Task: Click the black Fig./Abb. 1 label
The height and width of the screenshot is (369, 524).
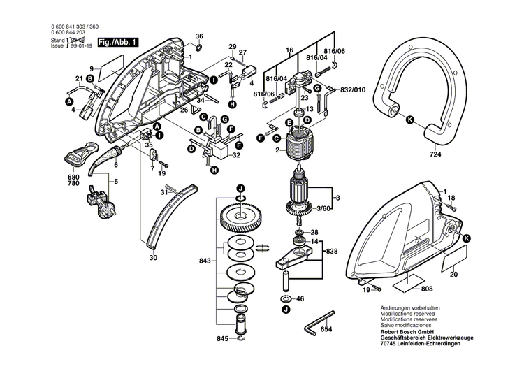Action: pyautogui.click(x=118, y=42)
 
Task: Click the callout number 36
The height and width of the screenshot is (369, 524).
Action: pyautogui.click(x=199, y=36)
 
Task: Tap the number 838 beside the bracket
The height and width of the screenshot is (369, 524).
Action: pyautogui.click(x=330, y=251)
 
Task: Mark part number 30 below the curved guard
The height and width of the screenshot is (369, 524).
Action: pyautogui.click(x=153, y=257)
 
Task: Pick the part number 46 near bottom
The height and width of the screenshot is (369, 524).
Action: pyautogui.click(x=301, y=298)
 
